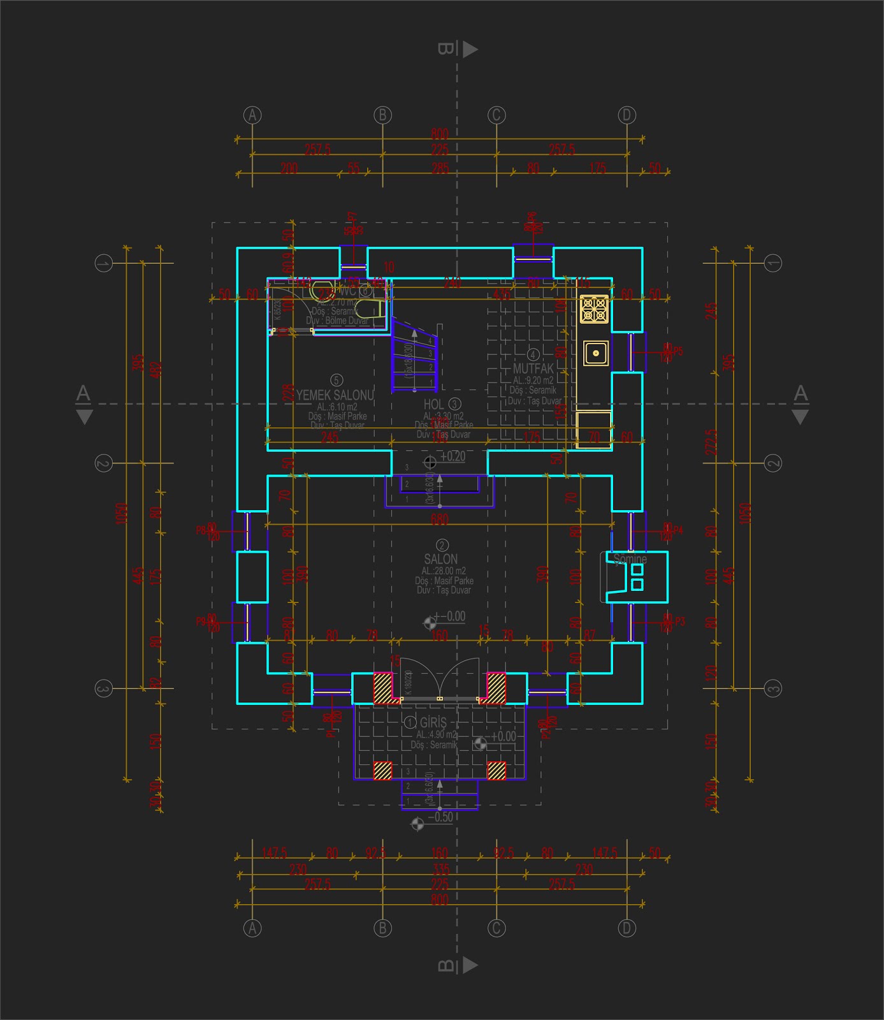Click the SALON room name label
441,559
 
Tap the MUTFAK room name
533,368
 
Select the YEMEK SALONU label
335,395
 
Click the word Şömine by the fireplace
630,559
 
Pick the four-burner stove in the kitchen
594,309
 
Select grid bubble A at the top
253,115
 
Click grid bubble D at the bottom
627,928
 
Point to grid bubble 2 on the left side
103,463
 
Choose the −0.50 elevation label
440,817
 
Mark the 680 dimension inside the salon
439,520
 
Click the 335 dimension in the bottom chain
440,870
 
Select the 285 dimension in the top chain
440,169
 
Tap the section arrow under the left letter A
84,417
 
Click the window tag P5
677,351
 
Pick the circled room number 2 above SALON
441,545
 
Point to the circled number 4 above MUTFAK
533,354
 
